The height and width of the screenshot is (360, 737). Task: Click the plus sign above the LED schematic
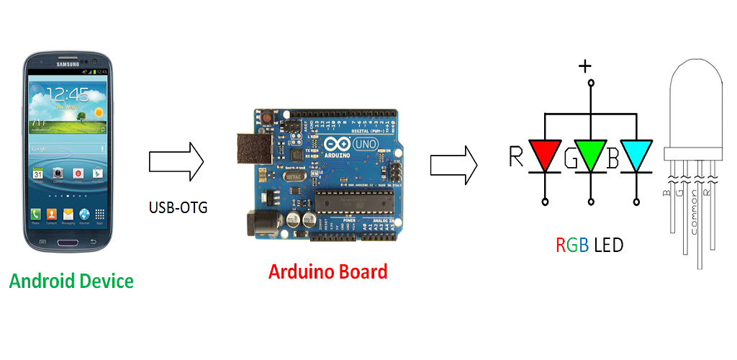[586, 66]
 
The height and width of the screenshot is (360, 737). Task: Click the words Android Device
[71, 280]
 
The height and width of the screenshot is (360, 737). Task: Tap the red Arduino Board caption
[327, 272]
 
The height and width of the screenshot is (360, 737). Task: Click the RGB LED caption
[589, 246]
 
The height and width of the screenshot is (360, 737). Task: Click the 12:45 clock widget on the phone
[69, 94]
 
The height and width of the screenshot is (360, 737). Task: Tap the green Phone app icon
[35, 215]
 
